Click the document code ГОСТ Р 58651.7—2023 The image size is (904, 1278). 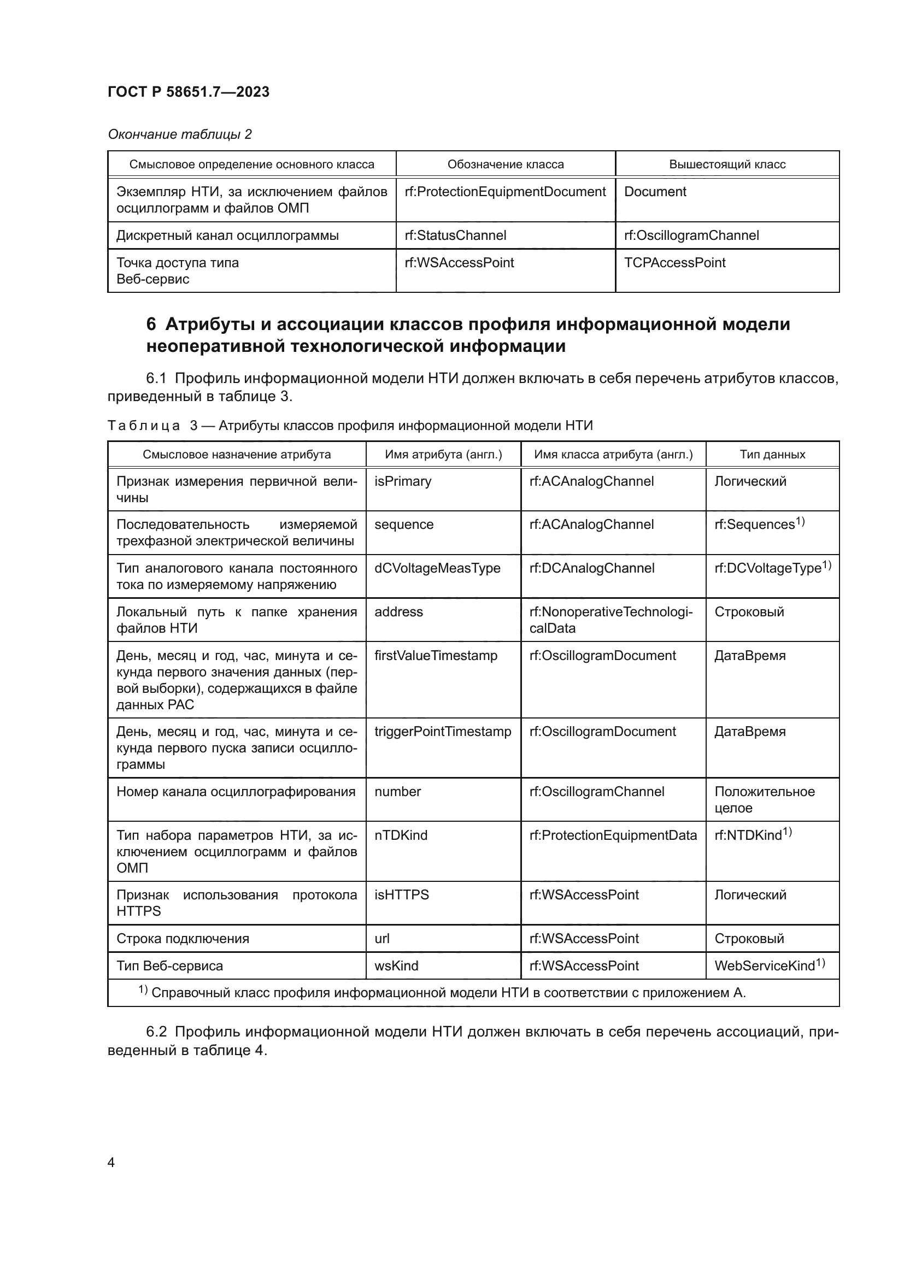click(x=188, y=92)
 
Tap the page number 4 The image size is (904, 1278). click(x=111, y=1162)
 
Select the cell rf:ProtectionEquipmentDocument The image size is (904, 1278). click(x=505, y=192)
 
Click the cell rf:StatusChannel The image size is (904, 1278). click(x=455, y=235)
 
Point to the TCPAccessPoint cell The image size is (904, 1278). click(x=674, y=263)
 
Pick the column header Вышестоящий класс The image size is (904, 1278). click(x=727, y=164)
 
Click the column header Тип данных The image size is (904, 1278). click(x=772, y=454)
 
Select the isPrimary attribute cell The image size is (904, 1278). click(x=403, y=481)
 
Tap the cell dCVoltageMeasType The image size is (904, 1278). click(x=438, y=568)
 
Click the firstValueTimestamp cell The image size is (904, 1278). click(x=436, y=656)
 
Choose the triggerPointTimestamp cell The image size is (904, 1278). click(x=443, y=732)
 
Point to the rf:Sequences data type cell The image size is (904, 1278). click(x=759, y=525)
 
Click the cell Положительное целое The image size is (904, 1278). click(x=764, y=799)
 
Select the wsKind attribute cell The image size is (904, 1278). click(x=396, y=965)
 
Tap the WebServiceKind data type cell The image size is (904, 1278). click(x=770, y=965)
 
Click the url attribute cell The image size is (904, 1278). click(x=383, y=939)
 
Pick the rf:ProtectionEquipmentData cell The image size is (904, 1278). click(x=613, y=835)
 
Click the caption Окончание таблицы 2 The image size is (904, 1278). click(x=180, y=134)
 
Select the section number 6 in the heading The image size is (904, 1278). click(x=151, y=324)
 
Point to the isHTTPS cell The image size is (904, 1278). click(x=402, y=895)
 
